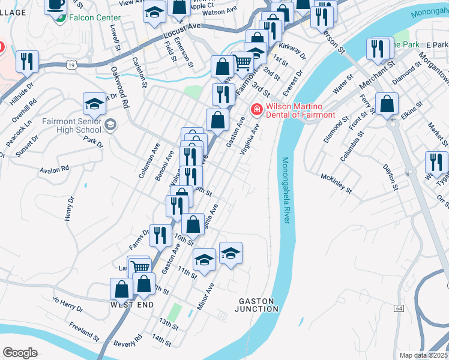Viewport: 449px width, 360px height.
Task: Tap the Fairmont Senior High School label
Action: (71, 125)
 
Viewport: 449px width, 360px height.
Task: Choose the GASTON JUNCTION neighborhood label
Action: (258, 305)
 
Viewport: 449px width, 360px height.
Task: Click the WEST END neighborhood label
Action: (132, 305)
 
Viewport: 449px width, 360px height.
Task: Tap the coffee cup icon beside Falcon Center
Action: (56, 5)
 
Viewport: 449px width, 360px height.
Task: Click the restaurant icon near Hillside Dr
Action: (27, 61)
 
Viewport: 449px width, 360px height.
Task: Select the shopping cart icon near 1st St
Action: (243, 62)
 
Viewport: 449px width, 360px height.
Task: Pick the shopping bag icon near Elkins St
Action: (387, 103)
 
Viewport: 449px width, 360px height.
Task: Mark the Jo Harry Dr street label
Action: (67, 303)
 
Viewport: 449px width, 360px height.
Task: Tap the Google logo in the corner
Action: (20, 353)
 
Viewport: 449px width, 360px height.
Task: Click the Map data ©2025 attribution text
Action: (423, 355)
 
